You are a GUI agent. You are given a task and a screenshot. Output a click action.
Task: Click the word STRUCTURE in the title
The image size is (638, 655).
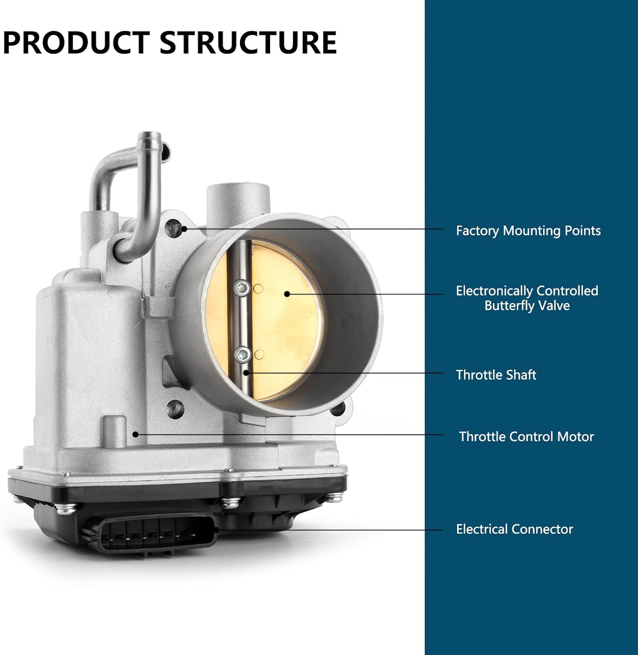(x=248, y=43)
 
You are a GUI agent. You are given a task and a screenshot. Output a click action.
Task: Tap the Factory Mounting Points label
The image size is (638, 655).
(x=528, y=231)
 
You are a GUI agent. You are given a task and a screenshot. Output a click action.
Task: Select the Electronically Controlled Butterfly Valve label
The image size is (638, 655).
(x=527, y=298)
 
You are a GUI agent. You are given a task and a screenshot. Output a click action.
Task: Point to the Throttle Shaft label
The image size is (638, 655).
(x=496, y=375)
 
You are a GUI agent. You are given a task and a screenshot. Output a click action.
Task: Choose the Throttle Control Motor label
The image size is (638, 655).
(x=526, y=437)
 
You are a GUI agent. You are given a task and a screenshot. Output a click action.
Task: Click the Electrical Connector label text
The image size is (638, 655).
(x=514, y=529)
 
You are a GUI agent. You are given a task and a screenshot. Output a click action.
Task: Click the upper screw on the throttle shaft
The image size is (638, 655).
(x=242, y=288)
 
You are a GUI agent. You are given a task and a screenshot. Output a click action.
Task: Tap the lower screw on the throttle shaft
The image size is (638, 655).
(x=242, y=354)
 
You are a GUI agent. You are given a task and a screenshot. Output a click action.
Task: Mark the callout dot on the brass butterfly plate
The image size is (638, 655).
(x=287, y=294)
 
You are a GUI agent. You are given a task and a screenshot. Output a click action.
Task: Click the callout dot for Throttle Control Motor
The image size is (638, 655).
(x=136, y=434)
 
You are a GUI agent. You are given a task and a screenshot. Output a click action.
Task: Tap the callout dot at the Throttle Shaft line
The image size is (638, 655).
(x=246, y=372)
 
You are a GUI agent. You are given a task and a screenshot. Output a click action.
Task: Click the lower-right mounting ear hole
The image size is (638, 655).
(x=338, y=410)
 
